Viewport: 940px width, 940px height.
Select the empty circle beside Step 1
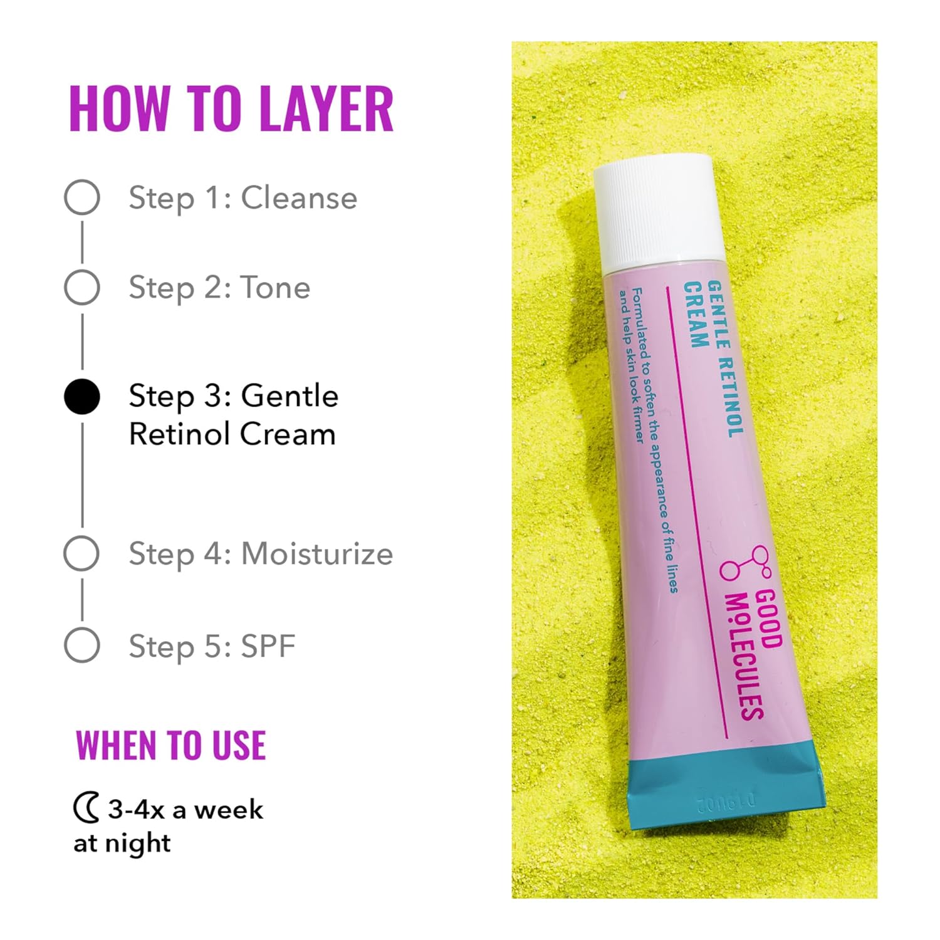pos(82,198)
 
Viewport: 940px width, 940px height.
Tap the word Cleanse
pos(299,198)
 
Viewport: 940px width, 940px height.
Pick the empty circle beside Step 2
pos(82,288)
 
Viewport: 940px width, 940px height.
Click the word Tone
pos(276,288)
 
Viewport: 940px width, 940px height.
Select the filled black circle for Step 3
pos(82,397)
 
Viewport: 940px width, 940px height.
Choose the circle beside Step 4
pos(82,553)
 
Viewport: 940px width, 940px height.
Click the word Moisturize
pos(317,554)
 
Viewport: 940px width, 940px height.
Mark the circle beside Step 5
pos(82,645)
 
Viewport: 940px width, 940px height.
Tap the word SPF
pos(268,646)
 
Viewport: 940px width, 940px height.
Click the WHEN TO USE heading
pos(171,746)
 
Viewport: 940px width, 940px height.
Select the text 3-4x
pos(136,810)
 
